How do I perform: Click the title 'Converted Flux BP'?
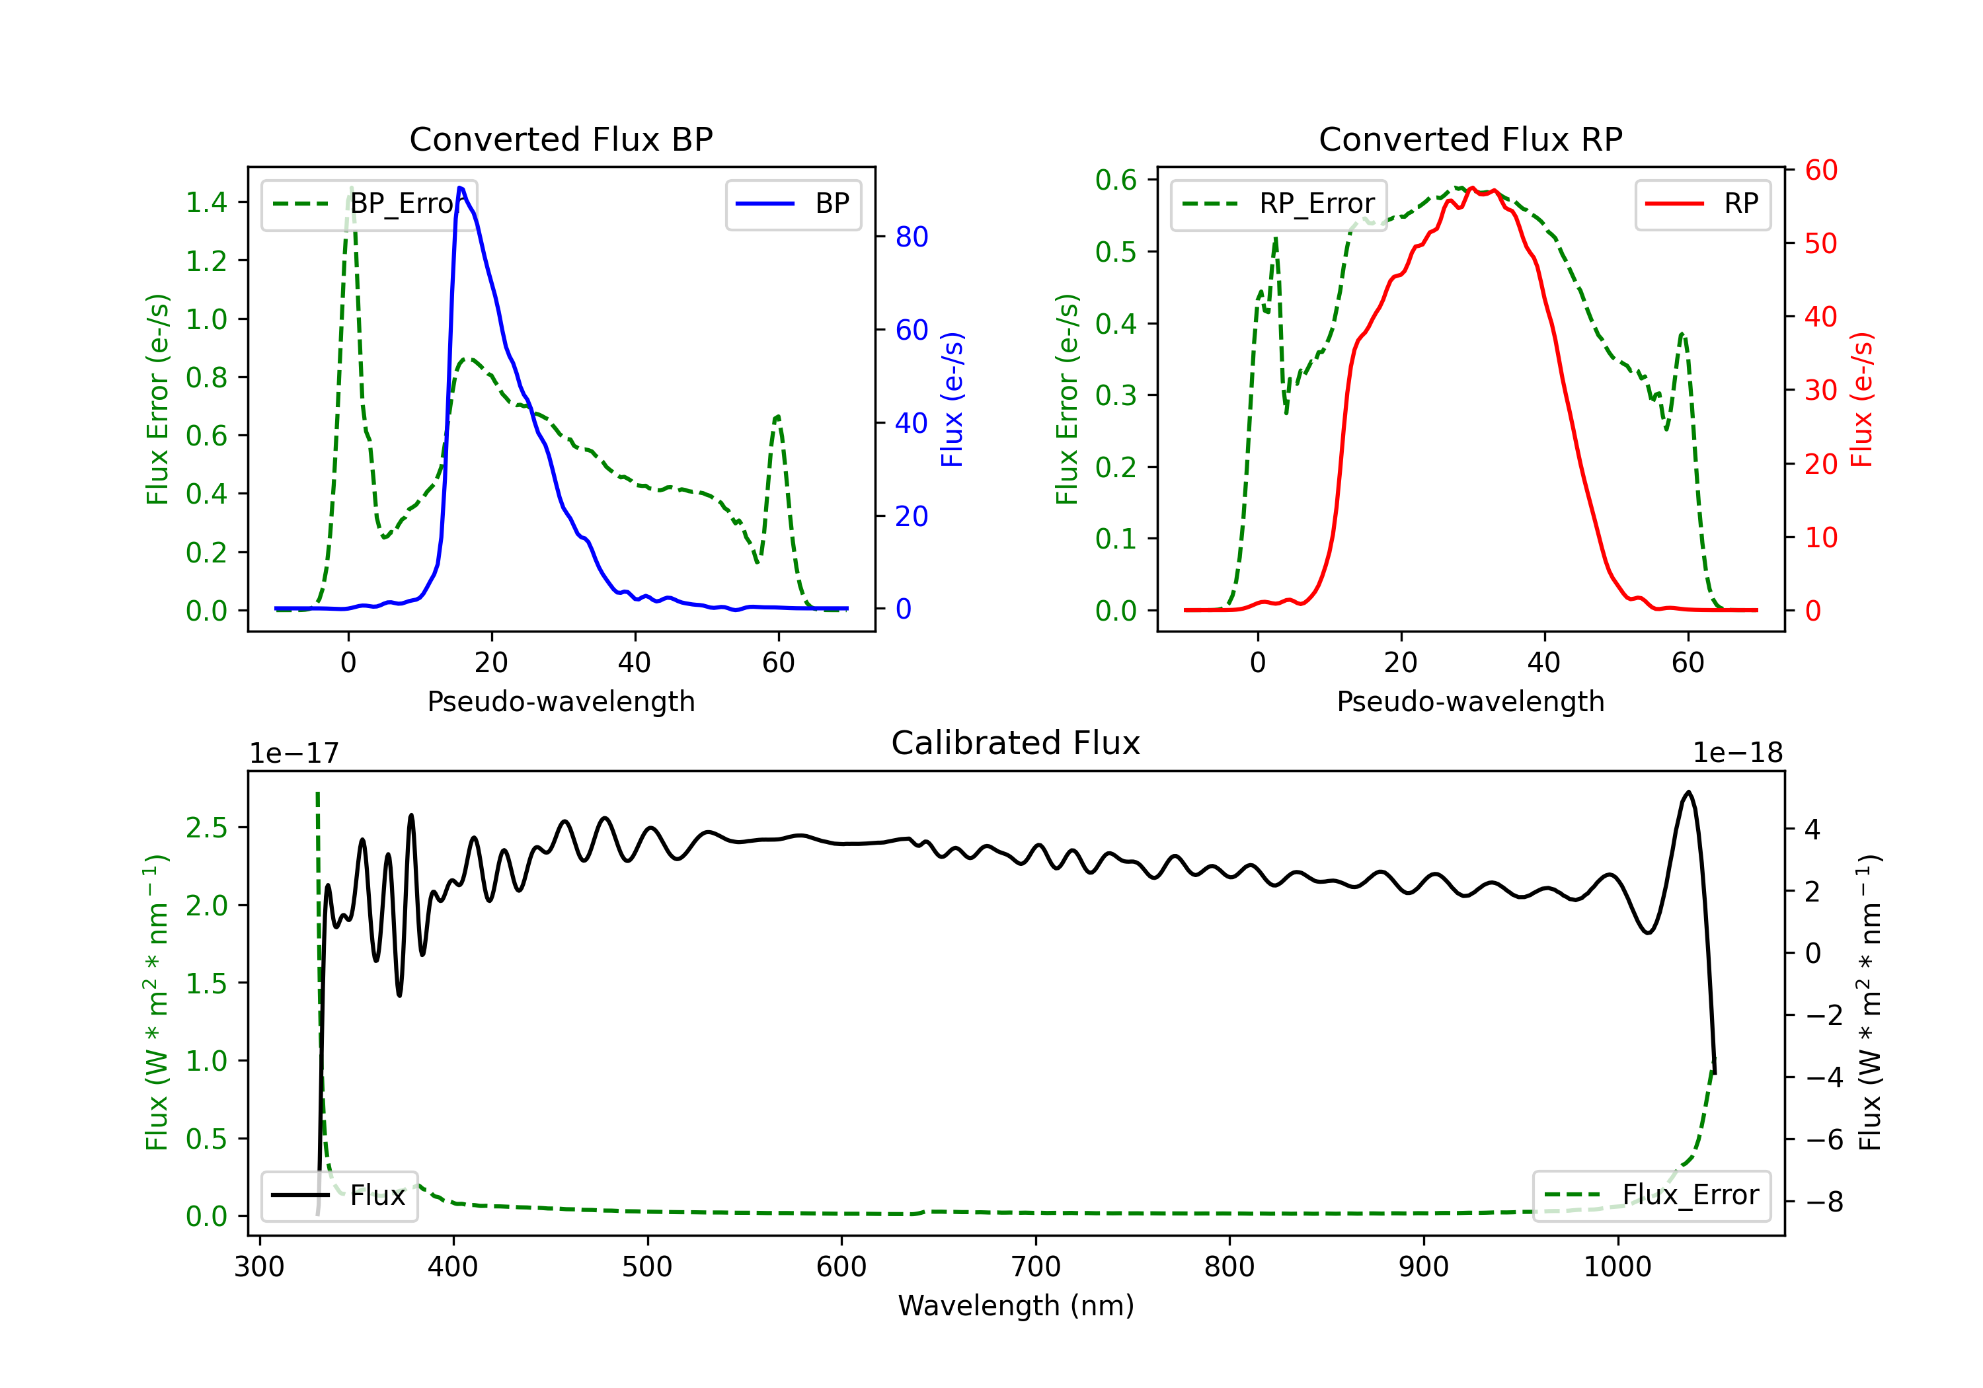click(x=561, y=139)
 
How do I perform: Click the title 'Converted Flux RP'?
click(x=1471, y=139)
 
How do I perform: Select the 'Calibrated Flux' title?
click(x=1016, y=743)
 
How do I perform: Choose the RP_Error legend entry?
click(x=1278, y=204)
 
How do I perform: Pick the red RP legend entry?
click(x=1702, y=204)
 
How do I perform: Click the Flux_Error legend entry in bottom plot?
click(x=1651, y=1196)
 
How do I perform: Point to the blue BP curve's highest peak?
click(x=460, y=188)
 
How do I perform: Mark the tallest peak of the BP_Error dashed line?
click(x=350, y=188)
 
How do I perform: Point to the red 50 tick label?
click(x=1820, y=244)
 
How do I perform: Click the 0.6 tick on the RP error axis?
click(x=1116, y=180)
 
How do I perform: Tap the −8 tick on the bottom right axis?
click(x=1824, y=1202)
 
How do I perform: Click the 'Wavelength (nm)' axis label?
click(x=1016, y=1305)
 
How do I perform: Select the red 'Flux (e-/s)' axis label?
click(x=1862, y=399)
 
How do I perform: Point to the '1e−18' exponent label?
click(x=1738, y=753)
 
